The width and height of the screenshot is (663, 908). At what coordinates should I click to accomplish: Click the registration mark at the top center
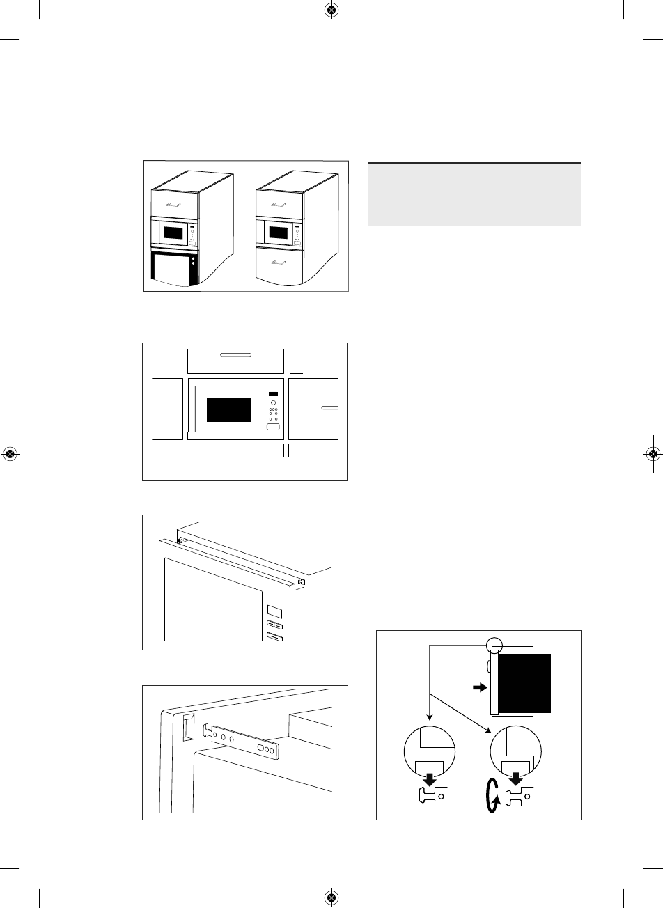[x=331, y=10]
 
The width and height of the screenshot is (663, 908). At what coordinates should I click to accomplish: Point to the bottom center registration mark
[x=331, y=896]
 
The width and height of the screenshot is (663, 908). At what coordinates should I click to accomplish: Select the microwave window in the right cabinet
[x=279, y=232]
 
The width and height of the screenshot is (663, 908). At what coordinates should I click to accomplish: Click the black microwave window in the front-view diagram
[x=229, y=409]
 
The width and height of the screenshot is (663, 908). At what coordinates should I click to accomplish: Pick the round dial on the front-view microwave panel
[x=273, y=403]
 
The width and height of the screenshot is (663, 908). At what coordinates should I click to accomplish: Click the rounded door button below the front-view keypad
[x=273, y=427]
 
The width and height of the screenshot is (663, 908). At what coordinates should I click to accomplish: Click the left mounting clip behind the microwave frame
[x=181, y=539]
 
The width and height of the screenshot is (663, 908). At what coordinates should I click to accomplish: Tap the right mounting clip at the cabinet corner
[x=301, y=580]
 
